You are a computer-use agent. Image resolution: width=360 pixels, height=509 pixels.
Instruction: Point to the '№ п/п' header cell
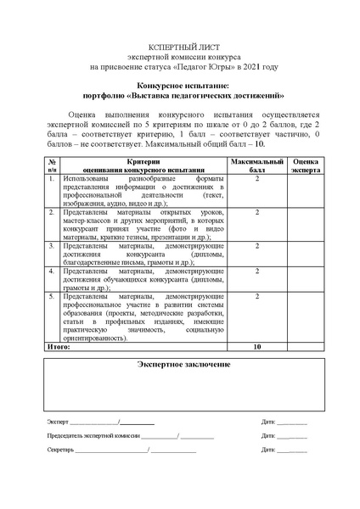(53, 165)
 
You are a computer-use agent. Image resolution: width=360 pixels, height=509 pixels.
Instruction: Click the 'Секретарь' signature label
(60, 450)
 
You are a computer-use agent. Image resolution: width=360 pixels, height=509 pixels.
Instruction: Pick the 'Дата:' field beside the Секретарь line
(269, 450)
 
